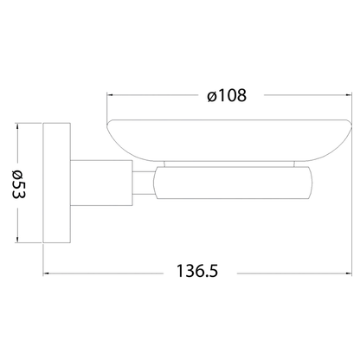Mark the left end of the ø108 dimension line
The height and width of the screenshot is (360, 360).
[x=106, y=95]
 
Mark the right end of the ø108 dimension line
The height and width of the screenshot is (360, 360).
[x=351, y=95]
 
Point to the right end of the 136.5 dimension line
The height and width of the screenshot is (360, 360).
[x=351, y=271]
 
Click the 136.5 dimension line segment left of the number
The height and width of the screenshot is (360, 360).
[x=104, y=271]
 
